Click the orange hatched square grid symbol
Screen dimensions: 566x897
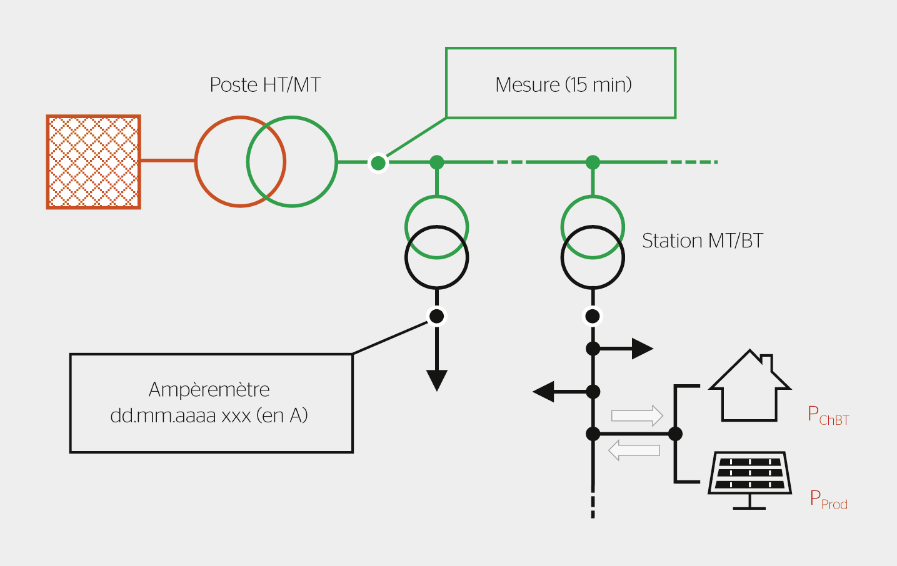point(94,162)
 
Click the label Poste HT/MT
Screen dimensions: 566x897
point(265,85)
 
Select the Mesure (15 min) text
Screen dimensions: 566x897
point(563,84)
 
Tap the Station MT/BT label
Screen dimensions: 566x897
point(703,241)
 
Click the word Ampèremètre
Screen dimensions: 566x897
point(209,390)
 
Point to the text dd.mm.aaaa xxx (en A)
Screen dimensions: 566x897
point(209,415)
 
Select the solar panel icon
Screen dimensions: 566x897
point(749,478)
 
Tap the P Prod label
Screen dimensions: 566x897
point(828,500)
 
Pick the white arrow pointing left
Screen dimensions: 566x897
point(634,450)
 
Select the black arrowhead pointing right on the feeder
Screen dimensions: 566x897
point(641,349)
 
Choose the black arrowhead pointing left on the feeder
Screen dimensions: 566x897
point(544,392)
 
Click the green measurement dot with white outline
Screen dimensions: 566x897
point(378,163)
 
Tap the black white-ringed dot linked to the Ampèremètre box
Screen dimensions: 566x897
point(437,316)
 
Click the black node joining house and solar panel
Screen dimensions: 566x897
point(675,434)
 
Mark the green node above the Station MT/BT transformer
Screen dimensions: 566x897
point(593,162)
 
